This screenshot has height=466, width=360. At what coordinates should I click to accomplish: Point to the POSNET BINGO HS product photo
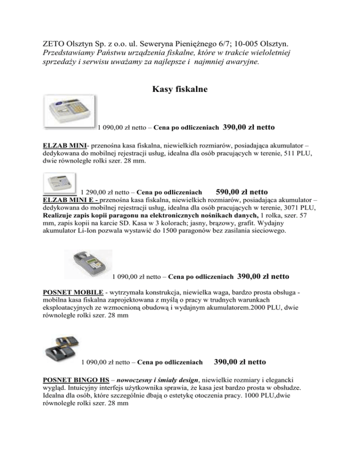pos(61,347)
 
